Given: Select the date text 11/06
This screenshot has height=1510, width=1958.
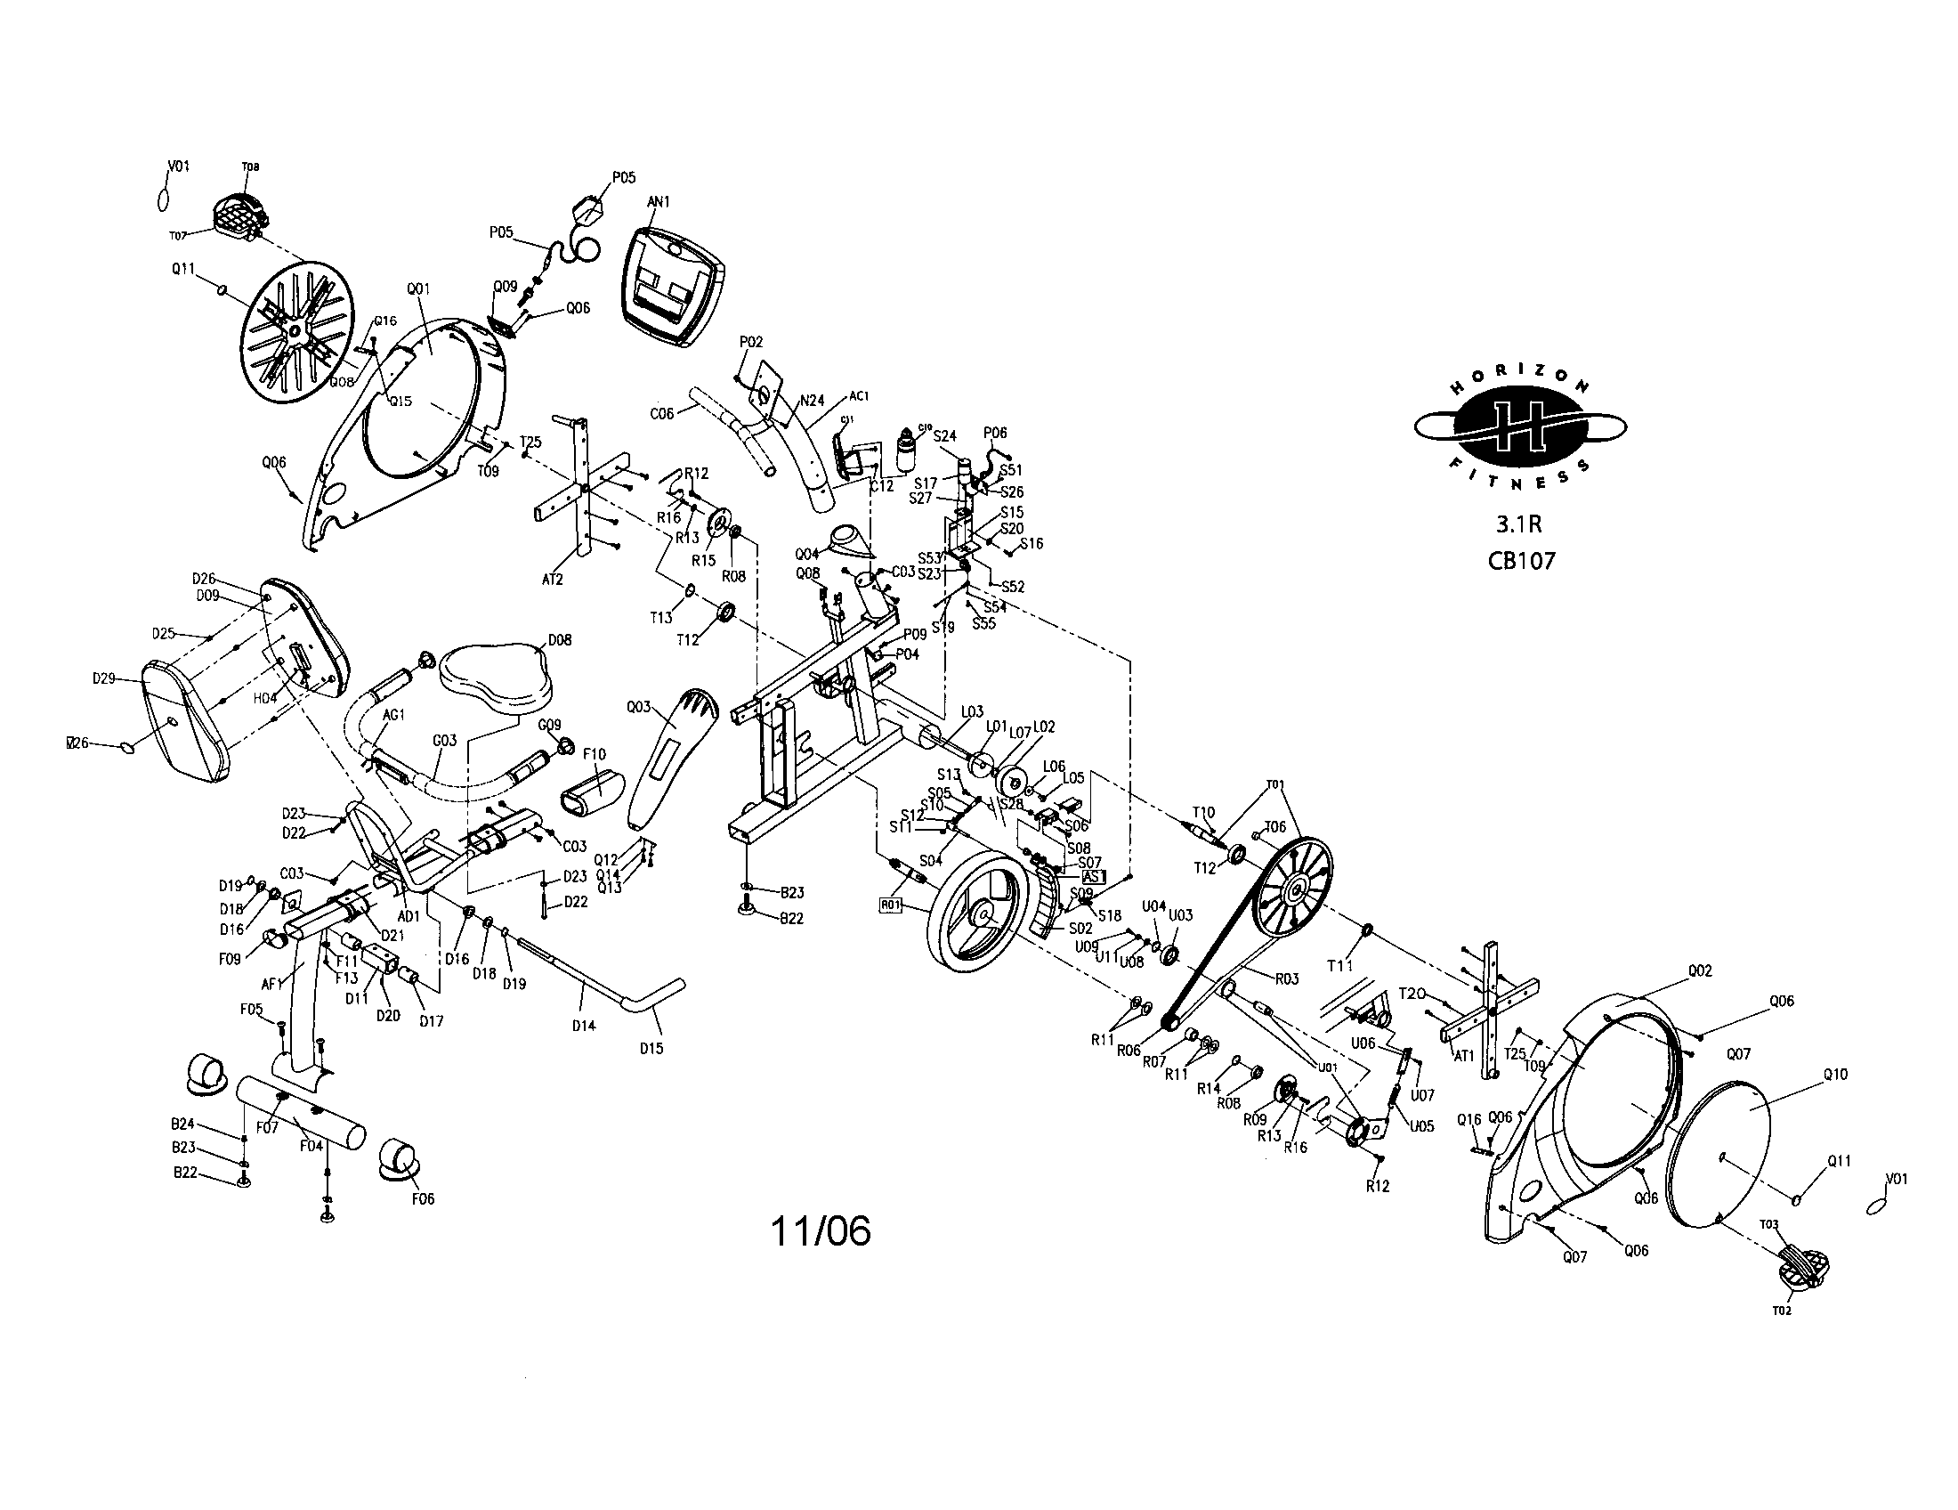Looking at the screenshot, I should (x=821, y=1232).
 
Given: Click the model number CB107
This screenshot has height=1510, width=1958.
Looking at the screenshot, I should (x=1521, y=561).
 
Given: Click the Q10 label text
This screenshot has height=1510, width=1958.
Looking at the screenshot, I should (x=1834, y=1075).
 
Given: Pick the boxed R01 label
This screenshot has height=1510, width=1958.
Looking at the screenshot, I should (x=890, y=905).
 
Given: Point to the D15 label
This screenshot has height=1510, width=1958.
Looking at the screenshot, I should (x=651, y=1048).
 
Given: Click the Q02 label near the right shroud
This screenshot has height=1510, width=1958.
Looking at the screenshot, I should (x=1700, y=970).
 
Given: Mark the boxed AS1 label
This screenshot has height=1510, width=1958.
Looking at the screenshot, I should (x=1094, y=876).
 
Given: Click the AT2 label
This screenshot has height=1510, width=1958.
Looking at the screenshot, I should (x=553, y=580).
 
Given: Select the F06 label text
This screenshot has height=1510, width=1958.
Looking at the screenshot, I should (x=422, y=1199).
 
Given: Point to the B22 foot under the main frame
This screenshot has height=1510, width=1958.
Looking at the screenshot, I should (x=746, y=910).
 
